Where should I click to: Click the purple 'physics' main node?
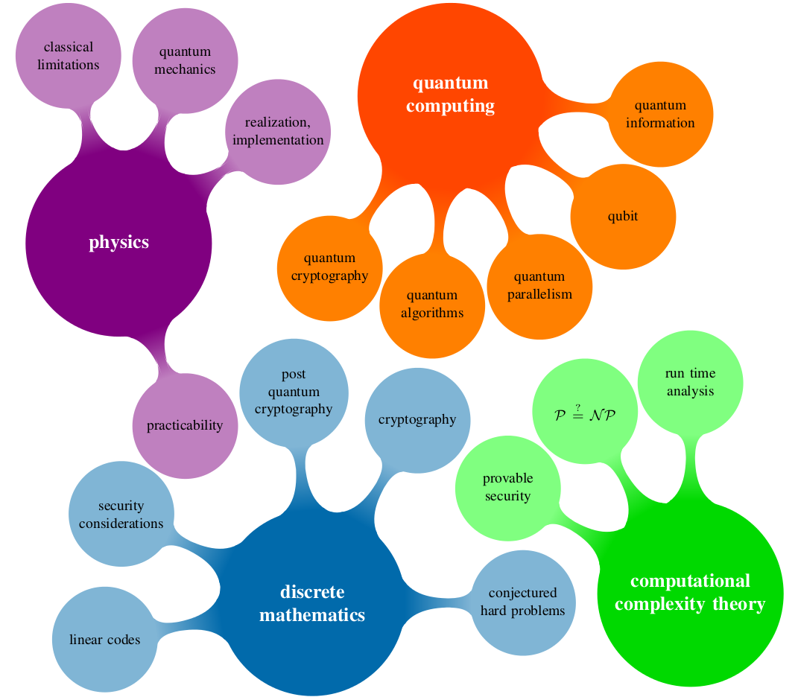119,243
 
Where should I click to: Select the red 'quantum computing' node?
450,95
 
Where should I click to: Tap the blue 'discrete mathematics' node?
312,603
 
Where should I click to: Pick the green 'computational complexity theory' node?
690,593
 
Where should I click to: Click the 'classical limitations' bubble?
69,56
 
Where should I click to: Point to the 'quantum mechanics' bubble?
186,60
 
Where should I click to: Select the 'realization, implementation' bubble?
278,131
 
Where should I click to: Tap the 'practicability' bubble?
185,425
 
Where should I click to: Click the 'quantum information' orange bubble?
660,114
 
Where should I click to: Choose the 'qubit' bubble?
623,217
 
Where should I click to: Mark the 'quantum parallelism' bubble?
539,286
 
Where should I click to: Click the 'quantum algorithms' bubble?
432,305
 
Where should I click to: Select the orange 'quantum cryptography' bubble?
329,267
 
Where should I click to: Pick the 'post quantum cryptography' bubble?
294,392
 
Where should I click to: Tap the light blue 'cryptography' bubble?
417,419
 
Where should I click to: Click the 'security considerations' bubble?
121,515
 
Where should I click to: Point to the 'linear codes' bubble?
104,640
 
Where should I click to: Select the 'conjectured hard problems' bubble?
522,602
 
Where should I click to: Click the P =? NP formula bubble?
585,414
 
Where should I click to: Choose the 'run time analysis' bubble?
691,383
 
